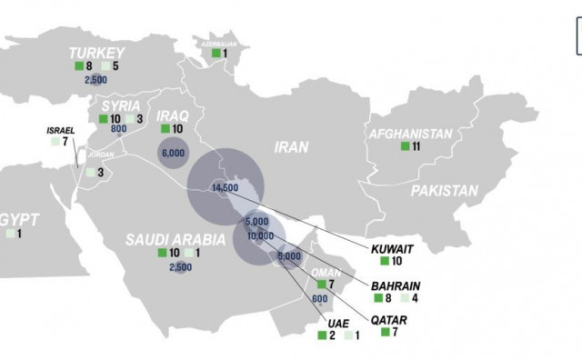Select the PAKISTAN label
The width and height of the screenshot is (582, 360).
[x=443, y=191]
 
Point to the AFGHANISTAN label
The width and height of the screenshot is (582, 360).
[x=410, y=135]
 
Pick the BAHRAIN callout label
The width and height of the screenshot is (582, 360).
[x=396, y=283]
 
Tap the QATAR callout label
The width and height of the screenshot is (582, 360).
[x=389, y=320]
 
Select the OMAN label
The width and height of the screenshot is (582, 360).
[x=326, y=272]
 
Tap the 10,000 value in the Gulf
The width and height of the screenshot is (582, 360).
[x=260, y=236]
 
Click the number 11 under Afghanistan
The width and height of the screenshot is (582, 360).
[x=416, y=146]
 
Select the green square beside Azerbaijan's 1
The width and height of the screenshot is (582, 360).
[x=215, y=54]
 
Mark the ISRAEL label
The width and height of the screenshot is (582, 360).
[x=61, y=130]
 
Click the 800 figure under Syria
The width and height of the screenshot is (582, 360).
[x=117, y=130]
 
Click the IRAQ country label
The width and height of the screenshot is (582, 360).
[x=172, y=116]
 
